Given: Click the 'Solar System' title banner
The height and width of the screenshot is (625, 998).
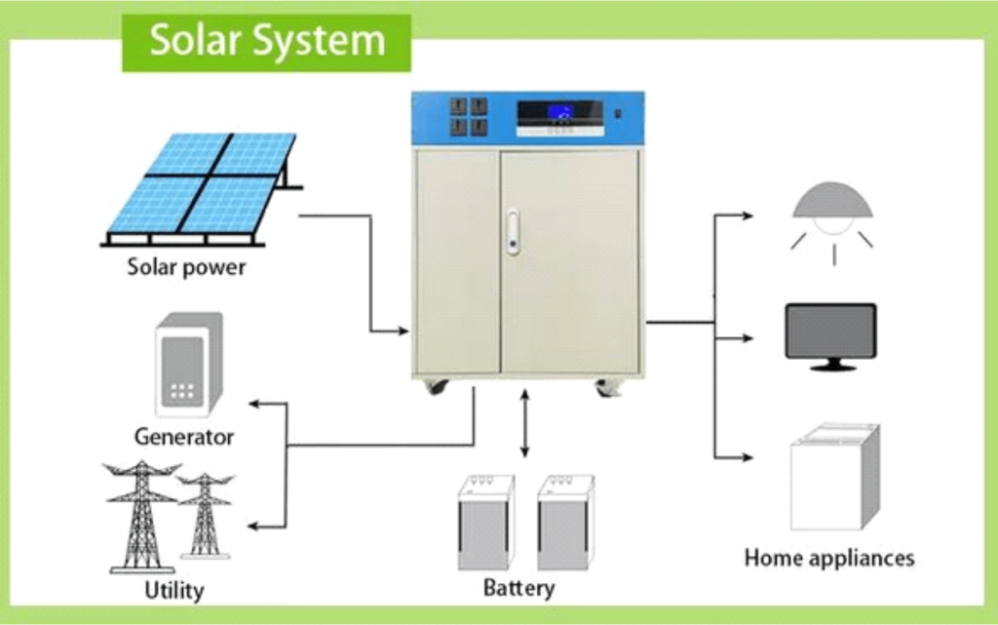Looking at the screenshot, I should [266, 42].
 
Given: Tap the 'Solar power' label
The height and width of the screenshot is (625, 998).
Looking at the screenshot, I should [186, 266].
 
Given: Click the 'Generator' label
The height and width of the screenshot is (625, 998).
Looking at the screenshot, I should [184, 436].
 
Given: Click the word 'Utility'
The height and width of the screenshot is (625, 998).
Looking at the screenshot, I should [174, 590].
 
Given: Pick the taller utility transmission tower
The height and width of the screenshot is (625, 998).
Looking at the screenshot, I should [142, 517].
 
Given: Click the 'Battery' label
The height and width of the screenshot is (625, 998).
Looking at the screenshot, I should [518, 588].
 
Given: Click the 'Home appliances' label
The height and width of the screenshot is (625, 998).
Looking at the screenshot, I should [829, 558].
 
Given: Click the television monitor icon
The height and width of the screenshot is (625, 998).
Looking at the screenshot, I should [831, 334].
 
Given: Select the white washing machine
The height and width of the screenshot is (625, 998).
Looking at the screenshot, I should [834, 477].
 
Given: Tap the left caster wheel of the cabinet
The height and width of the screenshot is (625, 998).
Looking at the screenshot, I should [436, 387].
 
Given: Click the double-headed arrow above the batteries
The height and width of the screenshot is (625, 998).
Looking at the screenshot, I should [525, 423].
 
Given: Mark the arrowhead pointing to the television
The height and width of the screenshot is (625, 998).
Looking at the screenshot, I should [748, 338].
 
